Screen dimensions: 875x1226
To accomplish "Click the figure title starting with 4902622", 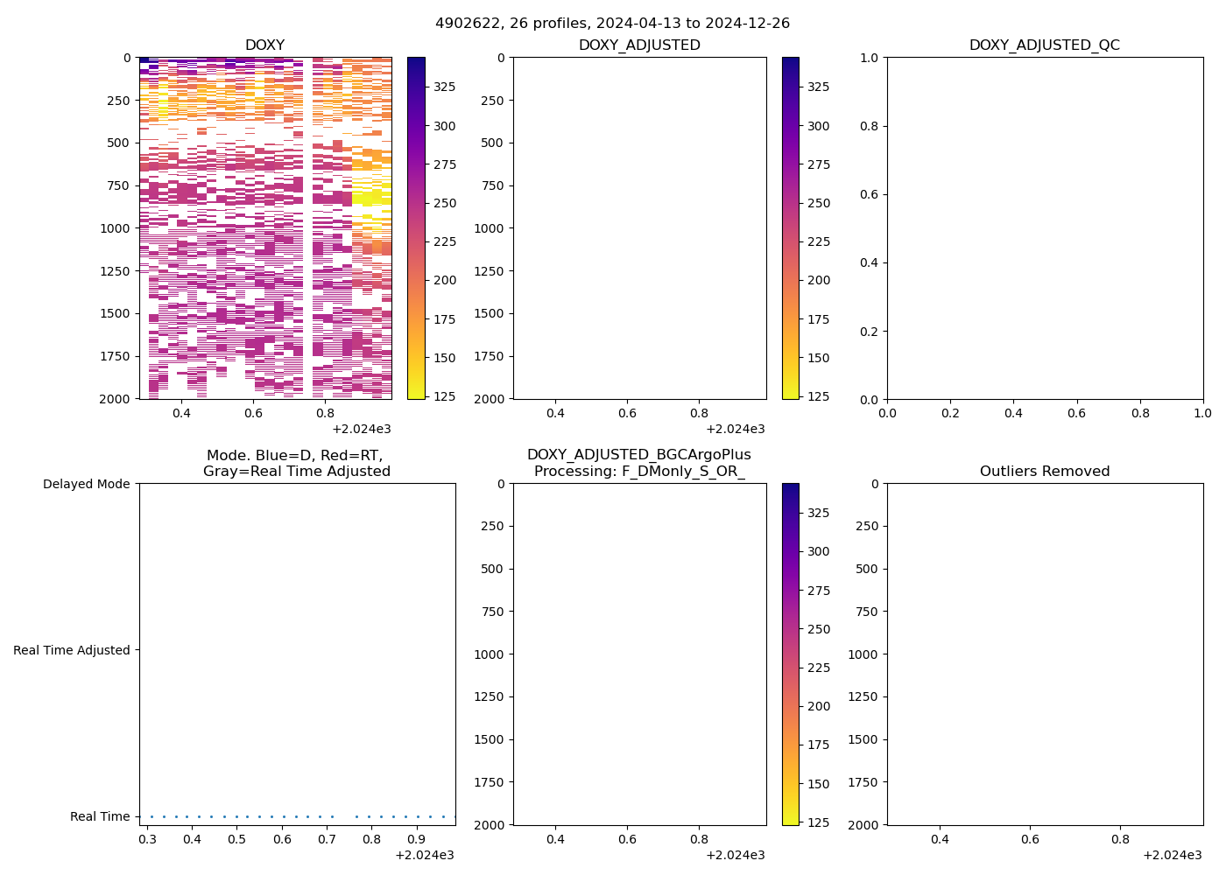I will point(613,24).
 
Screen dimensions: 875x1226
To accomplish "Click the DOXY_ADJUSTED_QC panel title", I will point(1044,45).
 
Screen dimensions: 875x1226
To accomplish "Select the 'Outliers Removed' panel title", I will point(1044,472).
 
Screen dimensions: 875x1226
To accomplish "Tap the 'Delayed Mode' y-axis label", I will point(86,484).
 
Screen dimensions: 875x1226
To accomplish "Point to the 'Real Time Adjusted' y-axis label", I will point(71,650).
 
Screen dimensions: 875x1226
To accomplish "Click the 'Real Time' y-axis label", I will point(100,816).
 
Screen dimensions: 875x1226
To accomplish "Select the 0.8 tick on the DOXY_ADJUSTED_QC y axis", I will point(869,126).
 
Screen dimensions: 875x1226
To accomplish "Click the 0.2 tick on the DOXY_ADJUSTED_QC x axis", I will point(950,413).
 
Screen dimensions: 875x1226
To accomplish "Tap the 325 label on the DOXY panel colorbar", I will point(445,87).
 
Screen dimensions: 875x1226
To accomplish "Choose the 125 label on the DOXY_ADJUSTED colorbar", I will point(819,396).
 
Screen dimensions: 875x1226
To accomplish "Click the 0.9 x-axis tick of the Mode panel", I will point(417,840).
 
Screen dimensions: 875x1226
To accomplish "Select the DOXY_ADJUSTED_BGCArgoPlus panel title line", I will point(638,455).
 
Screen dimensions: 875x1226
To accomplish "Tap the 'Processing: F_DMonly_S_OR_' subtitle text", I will point(638,472).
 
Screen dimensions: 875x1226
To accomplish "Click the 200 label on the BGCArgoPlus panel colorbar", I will point(819,706).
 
